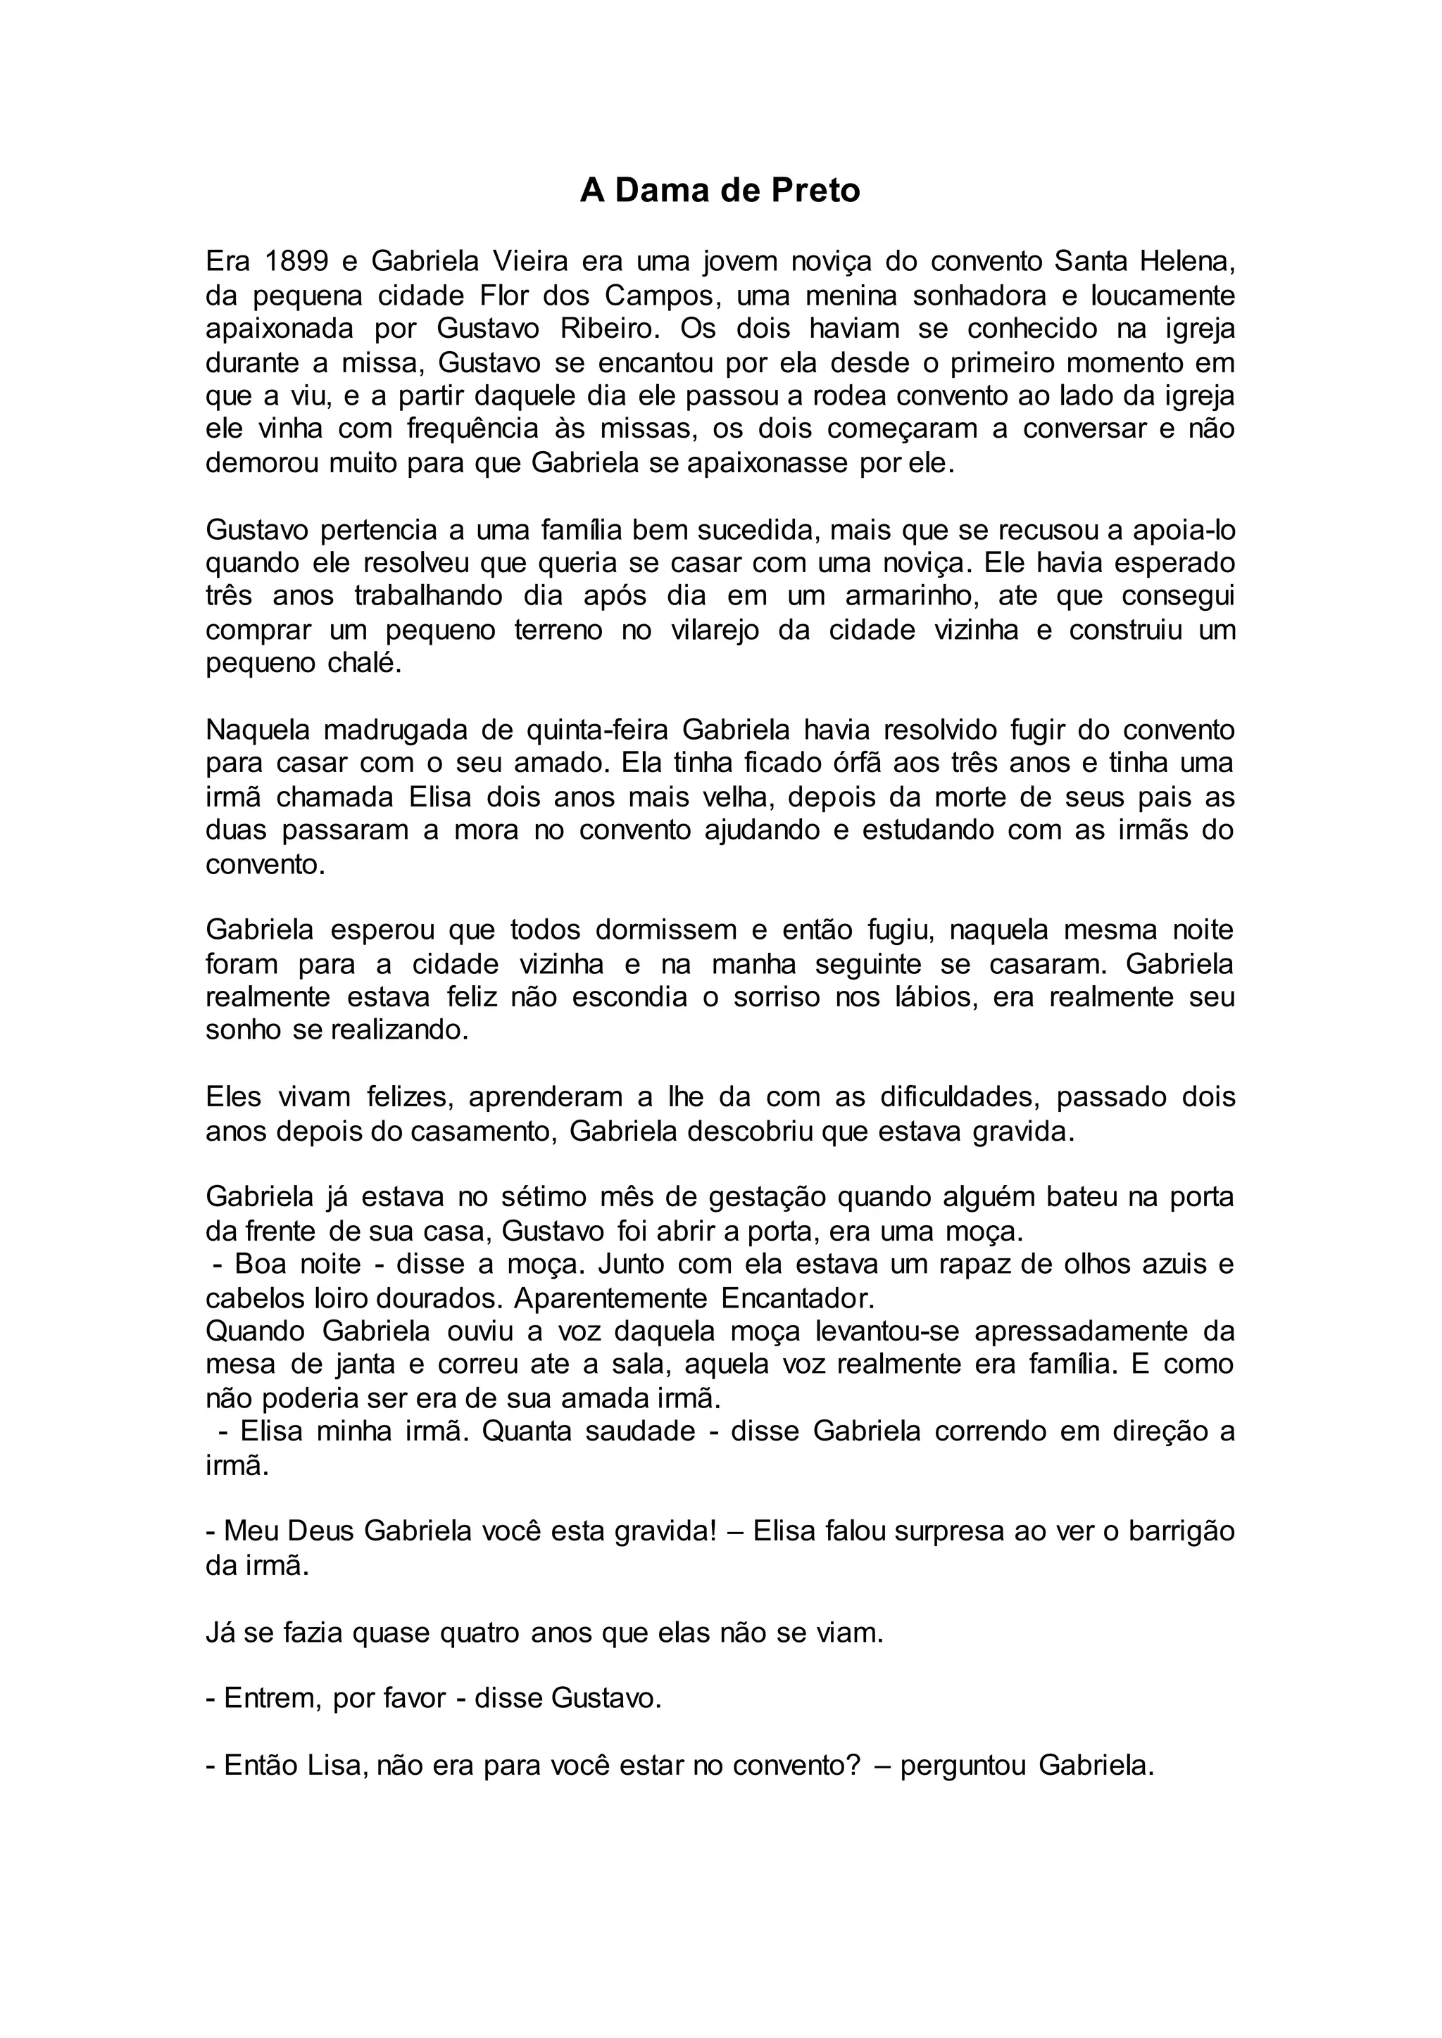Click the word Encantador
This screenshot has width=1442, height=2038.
point(797,1298)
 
